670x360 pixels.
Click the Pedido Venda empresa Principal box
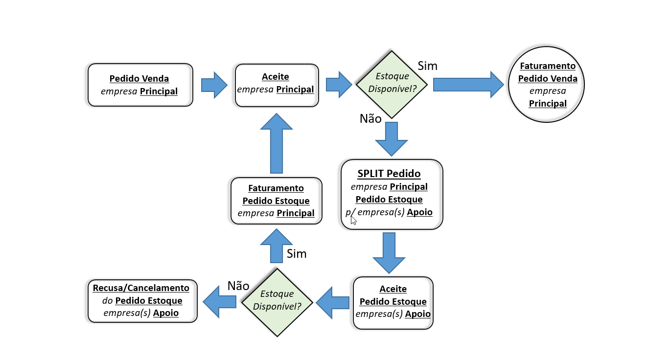140,85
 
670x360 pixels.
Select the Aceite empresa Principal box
277,85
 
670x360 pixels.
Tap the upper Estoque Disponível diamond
391,84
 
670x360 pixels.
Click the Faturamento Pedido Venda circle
547,85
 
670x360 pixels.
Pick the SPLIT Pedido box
392,194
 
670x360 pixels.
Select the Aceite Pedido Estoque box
393,302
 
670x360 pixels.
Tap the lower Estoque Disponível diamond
277,302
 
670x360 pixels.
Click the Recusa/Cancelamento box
142,301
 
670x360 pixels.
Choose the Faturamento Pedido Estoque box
276,201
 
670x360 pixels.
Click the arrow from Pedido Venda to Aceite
214,85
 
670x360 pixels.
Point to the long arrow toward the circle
468,84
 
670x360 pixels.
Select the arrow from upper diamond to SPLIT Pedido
391,138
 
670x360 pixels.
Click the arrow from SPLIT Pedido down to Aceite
389,252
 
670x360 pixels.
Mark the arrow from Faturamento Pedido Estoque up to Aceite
277,143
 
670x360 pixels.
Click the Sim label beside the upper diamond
427,66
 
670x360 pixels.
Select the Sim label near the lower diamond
297,253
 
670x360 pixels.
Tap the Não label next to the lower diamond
238,286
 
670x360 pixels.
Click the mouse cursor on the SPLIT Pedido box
353,220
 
